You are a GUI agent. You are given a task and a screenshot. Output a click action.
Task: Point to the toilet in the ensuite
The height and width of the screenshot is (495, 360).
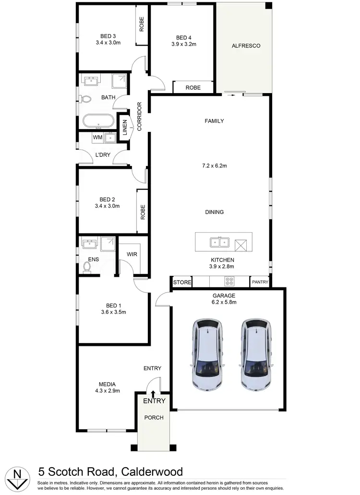tap(87, 266)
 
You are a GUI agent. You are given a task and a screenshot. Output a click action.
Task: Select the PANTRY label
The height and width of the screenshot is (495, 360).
tap(260, 282)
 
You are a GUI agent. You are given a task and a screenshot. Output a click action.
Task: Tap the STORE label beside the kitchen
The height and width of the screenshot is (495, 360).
tap(182, 283)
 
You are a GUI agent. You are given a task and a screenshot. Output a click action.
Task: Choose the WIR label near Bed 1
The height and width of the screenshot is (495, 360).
tap(132, 254)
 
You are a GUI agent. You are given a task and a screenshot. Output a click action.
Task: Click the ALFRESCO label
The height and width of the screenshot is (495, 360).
tap(246, 46)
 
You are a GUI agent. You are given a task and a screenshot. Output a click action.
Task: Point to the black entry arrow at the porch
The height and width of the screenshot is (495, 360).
tap(153, 394)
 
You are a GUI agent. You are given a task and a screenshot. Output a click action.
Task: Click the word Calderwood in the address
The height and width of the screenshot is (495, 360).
tap(152, 471)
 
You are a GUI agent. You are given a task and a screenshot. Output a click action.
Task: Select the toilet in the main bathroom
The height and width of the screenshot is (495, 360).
tap(85, 99)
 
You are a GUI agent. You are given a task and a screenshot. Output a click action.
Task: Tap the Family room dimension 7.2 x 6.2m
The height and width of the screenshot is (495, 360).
tap(214, 166)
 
